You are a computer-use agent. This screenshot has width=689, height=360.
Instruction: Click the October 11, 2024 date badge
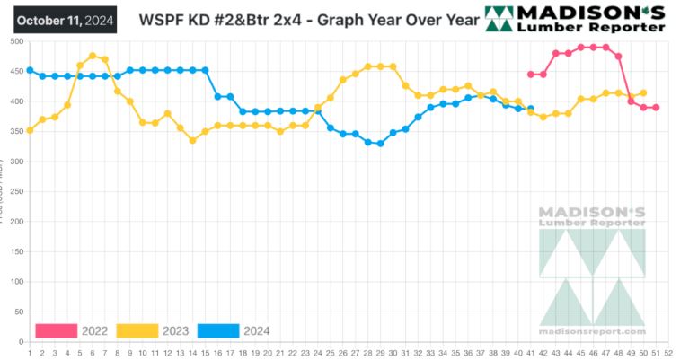tap(66, 19)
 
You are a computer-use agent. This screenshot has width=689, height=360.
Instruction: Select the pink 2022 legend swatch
tap(56, 330)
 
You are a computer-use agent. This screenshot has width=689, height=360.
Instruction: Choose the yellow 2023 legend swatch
tap(137, 330)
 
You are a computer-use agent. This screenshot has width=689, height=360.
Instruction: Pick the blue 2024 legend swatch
tap(216, 330)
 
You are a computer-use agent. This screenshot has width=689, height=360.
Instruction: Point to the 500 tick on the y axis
tap(17, 41)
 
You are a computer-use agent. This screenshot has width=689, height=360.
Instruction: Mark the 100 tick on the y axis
tap(17, 282)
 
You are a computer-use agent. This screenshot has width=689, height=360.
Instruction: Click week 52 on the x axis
tap(668, 352)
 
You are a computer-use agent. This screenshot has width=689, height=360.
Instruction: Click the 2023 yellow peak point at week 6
tap(93, 56)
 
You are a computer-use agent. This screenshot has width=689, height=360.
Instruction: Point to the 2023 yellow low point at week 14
tap(192, 140)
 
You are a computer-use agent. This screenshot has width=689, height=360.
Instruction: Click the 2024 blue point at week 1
tap(30, 70)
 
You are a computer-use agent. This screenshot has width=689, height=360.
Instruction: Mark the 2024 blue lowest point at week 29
tap(380, 143)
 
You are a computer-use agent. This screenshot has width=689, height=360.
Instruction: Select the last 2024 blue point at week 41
tap(531, 109)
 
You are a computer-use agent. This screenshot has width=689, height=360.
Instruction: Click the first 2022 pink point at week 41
tap(531, 75)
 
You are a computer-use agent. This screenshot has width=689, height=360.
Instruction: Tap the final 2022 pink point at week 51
tap(656, 108)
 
